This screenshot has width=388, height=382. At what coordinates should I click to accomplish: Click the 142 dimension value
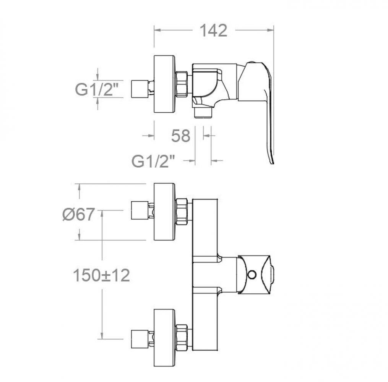point(213,31)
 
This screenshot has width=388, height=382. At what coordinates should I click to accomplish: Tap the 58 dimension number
point(181,136)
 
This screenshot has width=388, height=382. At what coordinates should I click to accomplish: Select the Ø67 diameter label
point(78,214)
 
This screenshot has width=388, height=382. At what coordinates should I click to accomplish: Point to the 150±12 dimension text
point(101,275)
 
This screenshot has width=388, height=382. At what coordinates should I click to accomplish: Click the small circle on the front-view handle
point(252,275)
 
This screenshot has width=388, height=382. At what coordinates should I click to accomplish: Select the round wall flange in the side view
point(164,84)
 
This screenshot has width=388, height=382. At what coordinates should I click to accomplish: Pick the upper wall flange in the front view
point(164,212)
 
